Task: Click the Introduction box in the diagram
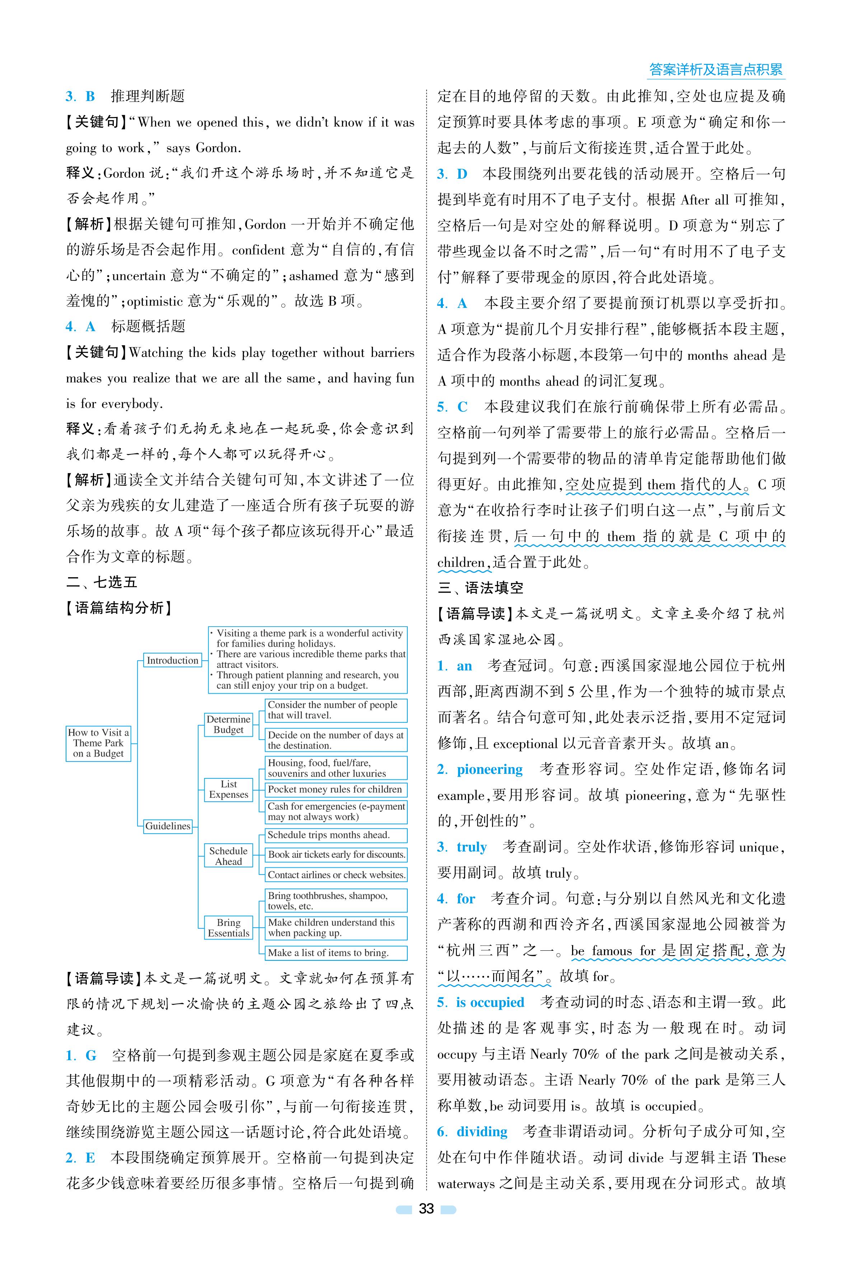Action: tap(172, 660)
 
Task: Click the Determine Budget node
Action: tap(228, 724)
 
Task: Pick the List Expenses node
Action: tap(228, 789)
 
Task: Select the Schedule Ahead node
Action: tap(228, 856)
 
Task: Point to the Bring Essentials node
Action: tap(228, 927)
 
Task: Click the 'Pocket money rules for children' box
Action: tap(335, 789)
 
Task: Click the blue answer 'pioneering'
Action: tap(490, 769)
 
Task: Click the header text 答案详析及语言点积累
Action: tap(716, 70)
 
